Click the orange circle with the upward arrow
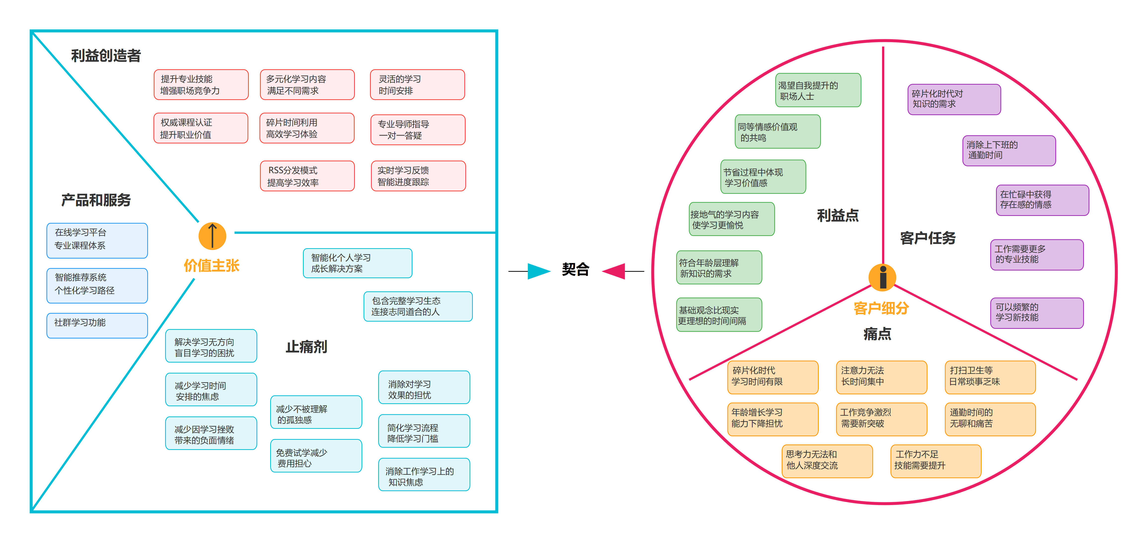(x=212, y=236)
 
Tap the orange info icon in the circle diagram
(x=883, y=277)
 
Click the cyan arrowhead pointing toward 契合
(x=539, y=271)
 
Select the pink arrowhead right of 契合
(x=614, y=271)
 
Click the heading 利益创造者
(x=106, y=56)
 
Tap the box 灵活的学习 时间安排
(x=417, y=85)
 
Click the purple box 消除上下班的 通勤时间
(x=1009, y=150)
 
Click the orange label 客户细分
(x=881, y=308)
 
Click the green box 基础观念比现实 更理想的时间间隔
(x=719, y=315)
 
